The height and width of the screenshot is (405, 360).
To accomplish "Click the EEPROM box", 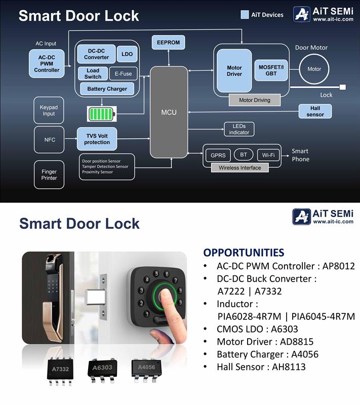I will [x=169, y=43].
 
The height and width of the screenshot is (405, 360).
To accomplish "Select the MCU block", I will [x=169, y=112].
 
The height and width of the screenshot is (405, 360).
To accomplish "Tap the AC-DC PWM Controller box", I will [x=47, y=64].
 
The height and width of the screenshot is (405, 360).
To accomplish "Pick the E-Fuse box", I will [x=123, y=74].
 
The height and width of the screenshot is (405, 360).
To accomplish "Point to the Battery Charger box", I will [x=107, y=89].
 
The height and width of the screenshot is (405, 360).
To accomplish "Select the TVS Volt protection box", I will [x=97, y=139].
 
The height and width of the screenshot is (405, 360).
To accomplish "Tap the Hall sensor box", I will [x=315, y=111].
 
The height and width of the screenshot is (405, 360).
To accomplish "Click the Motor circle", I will [x=314, y=69].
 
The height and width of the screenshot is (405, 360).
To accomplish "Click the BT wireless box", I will [x=244, y=155].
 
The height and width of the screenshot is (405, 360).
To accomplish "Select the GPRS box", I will [x=218, y=155].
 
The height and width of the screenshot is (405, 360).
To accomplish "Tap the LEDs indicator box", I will [x=239, y=129].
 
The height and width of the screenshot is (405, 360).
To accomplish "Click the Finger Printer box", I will [x=49, y=175].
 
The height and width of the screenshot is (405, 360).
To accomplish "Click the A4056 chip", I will [x=146, y=367].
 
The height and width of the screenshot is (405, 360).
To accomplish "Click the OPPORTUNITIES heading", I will [x=244, y=253].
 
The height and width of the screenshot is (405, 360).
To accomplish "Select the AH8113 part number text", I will [x=287, y=367].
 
